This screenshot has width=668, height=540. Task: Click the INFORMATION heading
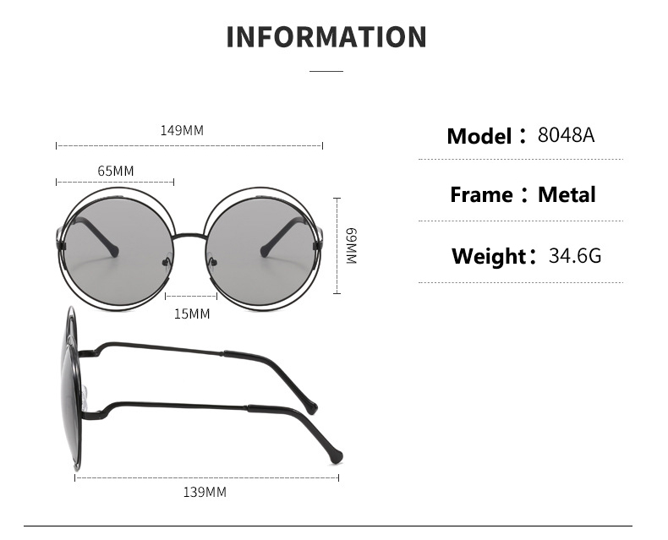pyautogui.click(x=326, y=37)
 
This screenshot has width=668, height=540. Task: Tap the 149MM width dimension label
pyautogui.click(x=182, y=131)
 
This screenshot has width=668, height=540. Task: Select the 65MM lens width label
pyautogui.click(x=116, y=172)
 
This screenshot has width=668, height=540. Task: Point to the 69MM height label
pyautogui.click(x=352, y=245)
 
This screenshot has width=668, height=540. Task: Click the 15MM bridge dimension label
pyautogui.click(x=191, y=314)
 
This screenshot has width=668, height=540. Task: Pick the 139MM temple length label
pyautogui.click(x=205, y=492)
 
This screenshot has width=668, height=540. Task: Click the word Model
pyautogui.click(x=479, y=136)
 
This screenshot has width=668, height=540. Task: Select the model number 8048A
pyautogui.click(x=566, y=135)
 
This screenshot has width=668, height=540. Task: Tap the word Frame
pyautogui.click(x=481, y=195)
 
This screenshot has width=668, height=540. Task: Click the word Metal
pyautogui.click(x=567, y=195)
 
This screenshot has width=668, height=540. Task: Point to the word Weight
pyautogui.click(x=489, y=256)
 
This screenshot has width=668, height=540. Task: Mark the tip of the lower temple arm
pyautogui.click(x=337, y=455)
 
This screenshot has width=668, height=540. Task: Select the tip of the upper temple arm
pyautogui.click(x=312, y=408)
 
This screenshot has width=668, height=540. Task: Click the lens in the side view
pyautogui.click(x=69, y=389)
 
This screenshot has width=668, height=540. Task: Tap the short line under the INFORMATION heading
pyautogui.click(x=326, y=72)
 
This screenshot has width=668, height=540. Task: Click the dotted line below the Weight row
pyautogui.click(x=521, y=282)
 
